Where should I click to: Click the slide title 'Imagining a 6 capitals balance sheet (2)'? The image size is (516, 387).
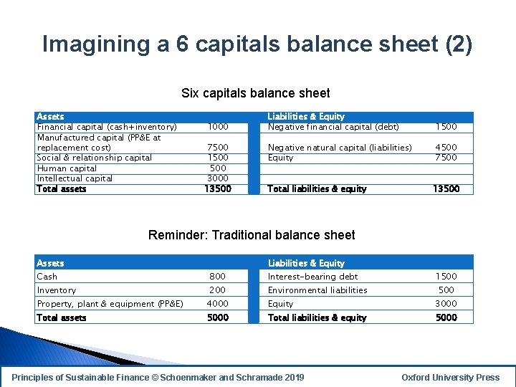tap(257, 44)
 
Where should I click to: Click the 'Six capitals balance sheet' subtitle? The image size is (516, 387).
tap(256, 93)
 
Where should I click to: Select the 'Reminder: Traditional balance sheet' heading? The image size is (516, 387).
tap(251, 235)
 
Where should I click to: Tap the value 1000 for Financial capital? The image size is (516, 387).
tap(218, 127)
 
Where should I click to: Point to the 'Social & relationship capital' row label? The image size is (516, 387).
tap(95, 158)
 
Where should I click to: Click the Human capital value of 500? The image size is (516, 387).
tap(218, 168)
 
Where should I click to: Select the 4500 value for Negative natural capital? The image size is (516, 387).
tap(446, 148)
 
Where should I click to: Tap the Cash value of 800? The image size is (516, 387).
tap(218, 277)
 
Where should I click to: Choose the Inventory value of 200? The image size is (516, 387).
tap(218, 290)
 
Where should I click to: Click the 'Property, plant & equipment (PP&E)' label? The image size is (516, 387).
tap(110, 304)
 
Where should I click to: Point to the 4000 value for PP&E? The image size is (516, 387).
tap(218, 304)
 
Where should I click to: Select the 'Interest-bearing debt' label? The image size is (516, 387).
tap(312, 277)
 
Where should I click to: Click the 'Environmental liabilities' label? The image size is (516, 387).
tap(317, 290)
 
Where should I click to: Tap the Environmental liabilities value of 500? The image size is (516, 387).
tap(446, 290)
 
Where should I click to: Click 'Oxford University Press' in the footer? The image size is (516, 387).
tap(451, 378)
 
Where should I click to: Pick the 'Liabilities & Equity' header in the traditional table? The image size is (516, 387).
tap(306, 263)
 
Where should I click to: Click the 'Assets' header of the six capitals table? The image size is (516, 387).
tap(50, 116)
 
